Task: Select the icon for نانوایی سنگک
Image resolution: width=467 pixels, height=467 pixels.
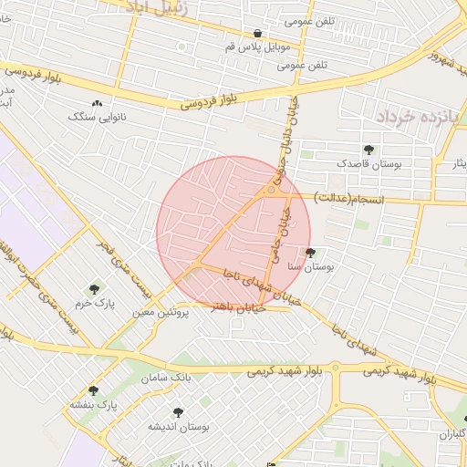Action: pyautogui.click(x=97, y=104)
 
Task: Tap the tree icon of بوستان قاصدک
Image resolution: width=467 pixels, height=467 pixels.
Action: pyautogui.click(x=368, y=150)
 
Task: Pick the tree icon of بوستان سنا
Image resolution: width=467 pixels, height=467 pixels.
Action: pyautogui.click(x=311, y=253)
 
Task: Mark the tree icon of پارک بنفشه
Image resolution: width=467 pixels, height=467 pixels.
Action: pyautogui.click(x=93, y=390)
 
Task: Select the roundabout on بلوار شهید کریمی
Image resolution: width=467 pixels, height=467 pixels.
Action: pyautogui.click(x=335, y=368)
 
